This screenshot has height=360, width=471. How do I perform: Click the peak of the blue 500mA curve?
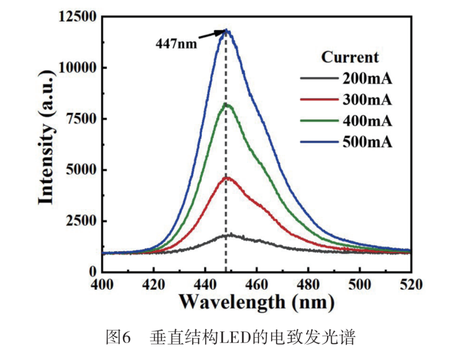pyautogui.click(x=226, y=31)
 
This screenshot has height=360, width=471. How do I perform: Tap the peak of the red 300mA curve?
pyautogui.click(x=227, y=178)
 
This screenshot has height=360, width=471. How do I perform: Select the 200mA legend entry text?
pyautogui.click(x=367, y=80)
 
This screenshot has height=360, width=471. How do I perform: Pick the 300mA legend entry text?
pyautogui.click(x=367, y=101)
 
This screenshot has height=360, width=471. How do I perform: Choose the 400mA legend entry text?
pyautogui.click(x=367, y=122)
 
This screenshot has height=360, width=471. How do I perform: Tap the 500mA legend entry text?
pyautogui.click(x=367, y=143)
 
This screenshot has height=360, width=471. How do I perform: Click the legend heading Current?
pyautogui.click(x=350, y=57)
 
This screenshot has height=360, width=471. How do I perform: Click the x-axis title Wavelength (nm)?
pyautogui.click(x=257, y=302)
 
